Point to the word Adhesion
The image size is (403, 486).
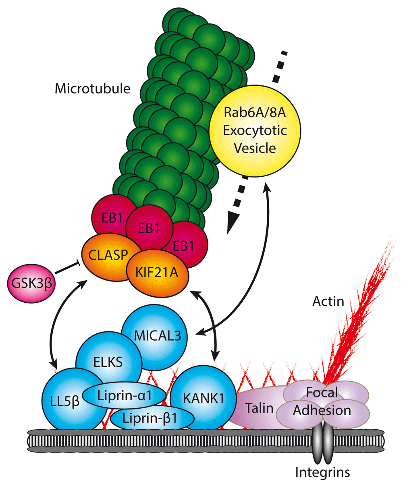pos(322,410)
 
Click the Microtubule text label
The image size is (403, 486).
pos(93,88)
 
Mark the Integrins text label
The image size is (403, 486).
pos(322,472)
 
